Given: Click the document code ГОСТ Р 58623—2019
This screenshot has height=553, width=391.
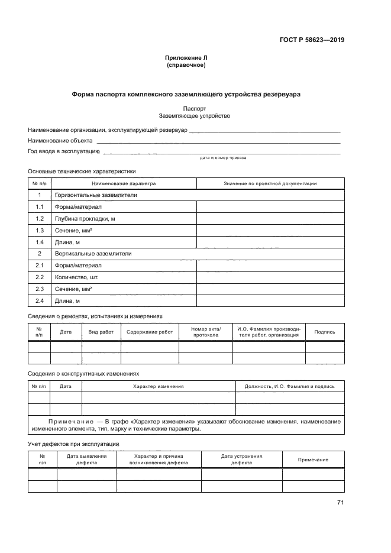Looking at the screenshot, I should (x=312, y=41).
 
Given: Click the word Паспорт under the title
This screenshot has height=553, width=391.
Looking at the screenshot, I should (x=195, y=109).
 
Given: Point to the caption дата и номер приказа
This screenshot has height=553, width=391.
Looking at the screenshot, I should (x=223, y=159).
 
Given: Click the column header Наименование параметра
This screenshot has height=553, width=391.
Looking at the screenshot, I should (x=124, y=183).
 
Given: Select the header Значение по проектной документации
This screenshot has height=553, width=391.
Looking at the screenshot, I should (x=270, y=183).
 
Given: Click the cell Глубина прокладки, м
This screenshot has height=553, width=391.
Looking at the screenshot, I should (x=85, y=218).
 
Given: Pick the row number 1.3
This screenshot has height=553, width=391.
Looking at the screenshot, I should (x=40, y=230).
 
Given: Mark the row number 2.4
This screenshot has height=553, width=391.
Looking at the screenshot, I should (x=40, y=301).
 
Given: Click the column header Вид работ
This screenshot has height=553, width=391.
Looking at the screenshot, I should (x=101, y=332).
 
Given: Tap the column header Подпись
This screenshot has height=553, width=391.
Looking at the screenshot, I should (x=325, y=332).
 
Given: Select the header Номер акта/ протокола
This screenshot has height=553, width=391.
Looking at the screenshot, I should (x=206, y=332).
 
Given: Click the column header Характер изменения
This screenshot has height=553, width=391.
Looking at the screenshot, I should (x=158, y=386).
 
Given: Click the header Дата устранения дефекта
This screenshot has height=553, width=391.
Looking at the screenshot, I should (x=241, y=460).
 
